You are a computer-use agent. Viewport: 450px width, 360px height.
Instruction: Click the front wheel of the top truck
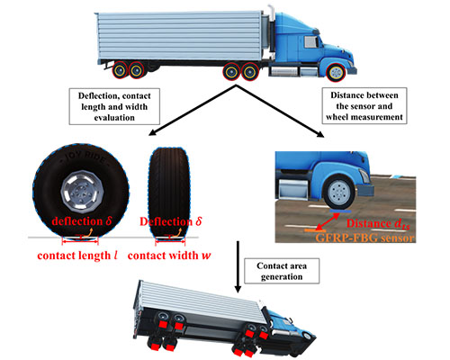point(336,73)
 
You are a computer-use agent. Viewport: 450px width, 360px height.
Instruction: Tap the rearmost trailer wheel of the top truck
point(120,70)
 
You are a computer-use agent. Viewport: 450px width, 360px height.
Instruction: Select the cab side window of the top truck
point(311,42)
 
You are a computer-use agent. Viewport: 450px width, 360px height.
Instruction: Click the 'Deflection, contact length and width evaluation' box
point(114,106)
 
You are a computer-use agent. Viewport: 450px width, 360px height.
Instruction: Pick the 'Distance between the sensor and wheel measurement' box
point(364,106)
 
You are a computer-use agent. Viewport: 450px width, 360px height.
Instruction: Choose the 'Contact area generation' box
point(282,271)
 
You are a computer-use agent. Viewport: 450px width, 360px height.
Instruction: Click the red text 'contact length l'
point(77,256)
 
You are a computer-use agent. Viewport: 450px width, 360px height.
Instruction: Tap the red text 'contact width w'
point(169,256)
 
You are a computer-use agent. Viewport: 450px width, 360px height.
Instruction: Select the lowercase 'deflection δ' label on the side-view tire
point(82,221)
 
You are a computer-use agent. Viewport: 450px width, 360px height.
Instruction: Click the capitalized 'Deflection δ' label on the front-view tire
point(171,221)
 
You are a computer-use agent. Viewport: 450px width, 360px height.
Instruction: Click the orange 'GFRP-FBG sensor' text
point(365,238)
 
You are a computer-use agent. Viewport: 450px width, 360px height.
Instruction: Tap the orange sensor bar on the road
point(315,230)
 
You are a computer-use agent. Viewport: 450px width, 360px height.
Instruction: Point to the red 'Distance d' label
point(378,224)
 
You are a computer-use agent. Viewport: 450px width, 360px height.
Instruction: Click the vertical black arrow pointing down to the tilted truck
point(238,266)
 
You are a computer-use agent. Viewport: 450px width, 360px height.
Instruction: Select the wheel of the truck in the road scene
point(339,192)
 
